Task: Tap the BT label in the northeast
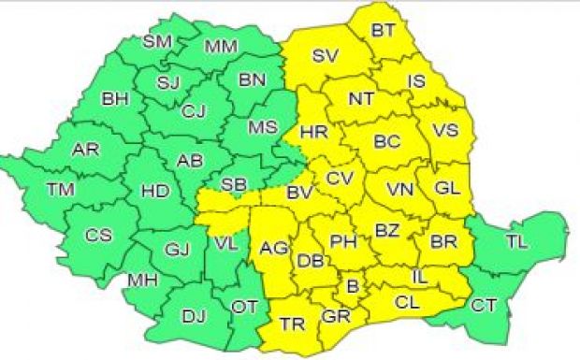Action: coord(383,30)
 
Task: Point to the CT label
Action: coord(484,305)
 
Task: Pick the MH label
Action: coord(142,281)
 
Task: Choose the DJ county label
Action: coord(193,317)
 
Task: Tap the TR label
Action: coord(292,324)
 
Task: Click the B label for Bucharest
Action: coord(353,286)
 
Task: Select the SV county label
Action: coord(325,56)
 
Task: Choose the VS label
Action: coord(446,130)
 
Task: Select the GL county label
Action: coord(448,187)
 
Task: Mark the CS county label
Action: coord(98,236)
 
